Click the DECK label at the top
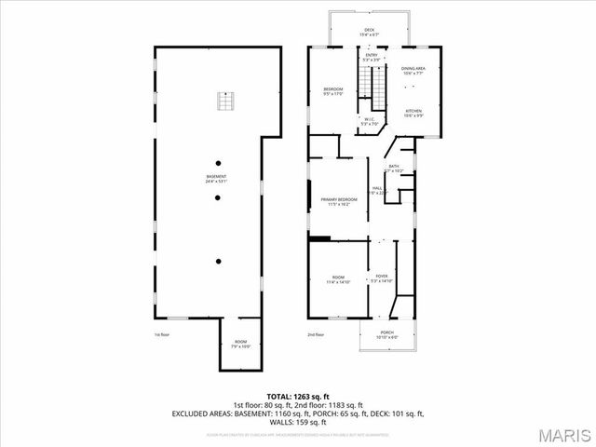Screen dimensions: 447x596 pyautogui.click(x=369, y=31)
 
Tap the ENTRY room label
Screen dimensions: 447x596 pyautogui.click(x=372, y=56)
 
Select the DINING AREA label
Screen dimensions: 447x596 pyautogui.click(x=413, y=69)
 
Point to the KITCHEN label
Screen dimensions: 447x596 pyautogui.click(x=413, y=111)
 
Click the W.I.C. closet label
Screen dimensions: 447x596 pyautogui.click(x=369, y=119)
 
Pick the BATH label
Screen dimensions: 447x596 pyautogui.click(x=394, y=167)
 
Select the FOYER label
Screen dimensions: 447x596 pyautogui.click(x=382, y=276)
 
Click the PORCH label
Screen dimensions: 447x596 pyautogui.click(x=386, y=333)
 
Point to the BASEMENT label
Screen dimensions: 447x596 pyautogui.click(x=216, y=178)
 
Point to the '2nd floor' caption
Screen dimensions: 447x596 pyautogui.click(x=317, y=334)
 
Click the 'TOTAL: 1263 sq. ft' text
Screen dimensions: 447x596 pyautogui.click(x=299, y=397)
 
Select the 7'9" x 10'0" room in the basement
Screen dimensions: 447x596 pyautogui.click(x=241, y=345)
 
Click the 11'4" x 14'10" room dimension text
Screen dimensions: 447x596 pyautogui.click(x=336, y=281)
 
